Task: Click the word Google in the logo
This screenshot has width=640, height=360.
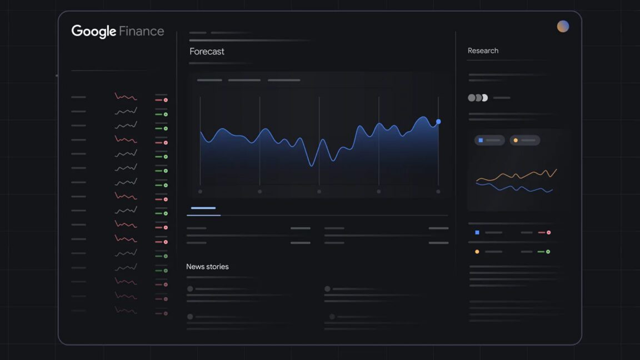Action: click(x=93, y=31)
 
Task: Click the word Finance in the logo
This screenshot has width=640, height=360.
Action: click(x=142, y=31)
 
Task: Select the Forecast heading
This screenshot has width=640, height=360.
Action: click(x=207, y=52)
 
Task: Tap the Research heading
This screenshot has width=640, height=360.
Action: click(x=483, y=51)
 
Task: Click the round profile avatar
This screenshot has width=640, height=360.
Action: click(x=563, y=27)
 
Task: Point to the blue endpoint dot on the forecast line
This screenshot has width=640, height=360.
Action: click(x=438, y=122)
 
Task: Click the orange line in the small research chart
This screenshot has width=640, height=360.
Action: click(x=517, y=175)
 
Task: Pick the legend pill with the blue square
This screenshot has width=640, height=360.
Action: click(x=489, y=141)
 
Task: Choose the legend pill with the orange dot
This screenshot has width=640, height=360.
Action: click(x=524, y=141)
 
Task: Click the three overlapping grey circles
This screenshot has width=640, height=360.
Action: click(x=478, y=98)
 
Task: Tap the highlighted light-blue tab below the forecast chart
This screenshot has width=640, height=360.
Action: click(x=203, y=208)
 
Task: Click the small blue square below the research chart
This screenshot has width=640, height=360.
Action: click(x=477, y=233)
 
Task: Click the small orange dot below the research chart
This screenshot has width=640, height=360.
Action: click(x=477, y=252)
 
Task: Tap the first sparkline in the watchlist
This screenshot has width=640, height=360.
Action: click(x=126, y=97)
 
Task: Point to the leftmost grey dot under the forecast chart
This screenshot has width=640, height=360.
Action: click(x=200, y=192)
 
